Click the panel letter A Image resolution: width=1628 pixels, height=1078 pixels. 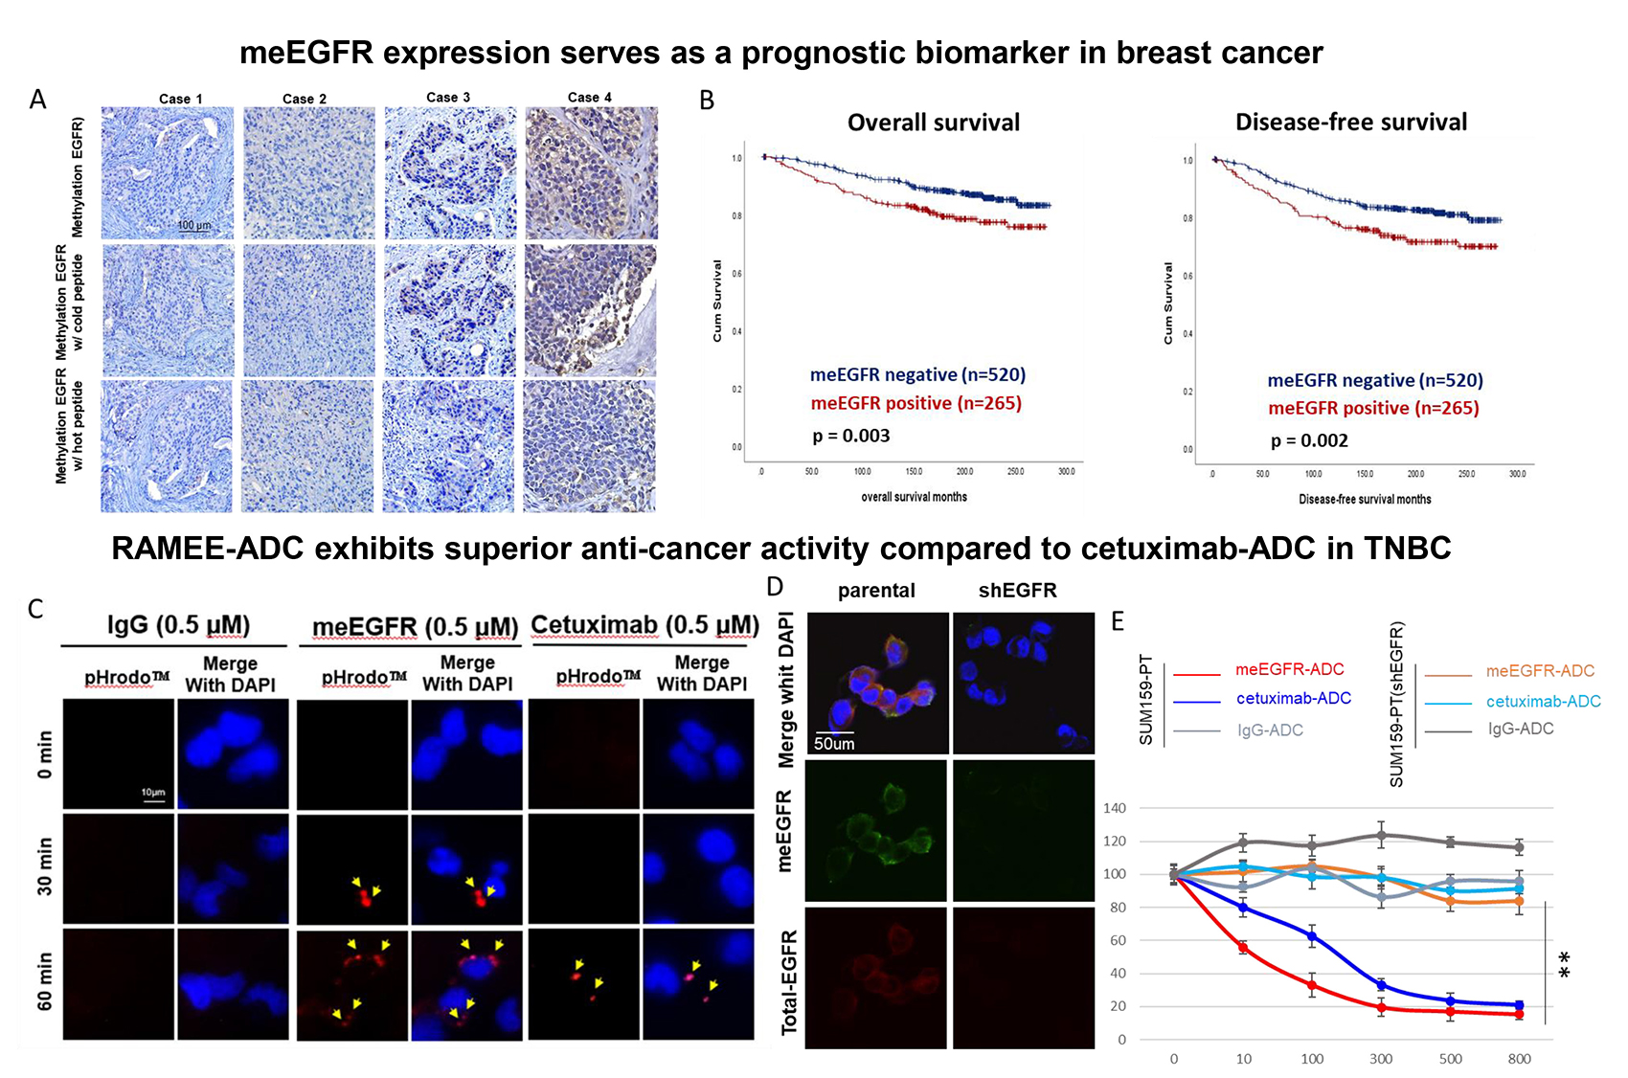[x=38, y=100]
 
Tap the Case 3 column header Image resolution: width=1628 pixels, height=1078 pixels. [x=448, y=98]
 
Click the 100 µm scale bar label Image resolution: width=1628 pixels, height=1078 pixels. [x=193, y=226]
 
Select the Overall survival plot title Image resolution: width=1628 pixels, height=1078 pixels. [x=934, y=123]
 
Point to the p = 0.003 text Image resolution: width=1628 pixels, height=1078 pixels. [x=851, y=437]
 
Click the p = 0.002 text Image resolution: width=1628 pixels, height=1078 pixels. [x=1309, y=441]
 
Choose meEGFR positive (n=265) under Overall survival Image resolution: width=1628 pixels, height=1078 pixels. [x=916, y=403]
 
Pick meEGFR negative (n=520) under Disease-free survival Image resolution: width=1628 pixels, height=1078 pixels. [x=1375, y=380]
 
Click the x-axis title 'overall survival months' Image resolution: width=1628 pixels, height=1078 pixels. [x=914, y=497]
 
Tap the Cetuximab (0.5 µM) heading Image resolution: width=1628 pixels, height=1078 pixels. [x=644, y=625]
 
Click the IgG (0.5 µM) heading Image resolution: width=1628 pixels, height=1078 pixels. [x=178, y=625]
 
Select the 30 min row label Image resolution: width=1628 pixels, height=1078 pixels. [x=45, y=866]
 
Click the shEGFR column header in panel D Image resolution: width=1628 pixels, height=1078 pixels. [x=1017, y=591]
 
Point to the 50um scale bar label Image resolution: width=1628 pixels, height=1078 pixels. [x=834, y=744]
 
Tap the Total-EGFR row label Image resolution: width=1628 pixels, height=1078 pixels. [x=790, y=982]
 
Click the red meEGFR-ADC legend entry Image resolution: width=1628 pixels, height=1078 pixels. [x=1289, y=669]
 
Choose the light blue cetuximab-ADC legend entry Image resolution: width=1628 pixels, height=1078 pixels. [x=1543, y=702]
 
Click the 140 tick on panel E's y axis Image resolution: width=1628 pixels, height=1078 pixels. [x=1115, y=808]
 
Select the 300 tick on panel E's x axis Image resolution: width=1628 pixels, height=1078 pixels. [x=1381, y=1059]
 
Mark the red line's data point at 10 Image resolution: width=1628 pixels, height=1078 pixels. [x=1243, y=947]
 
